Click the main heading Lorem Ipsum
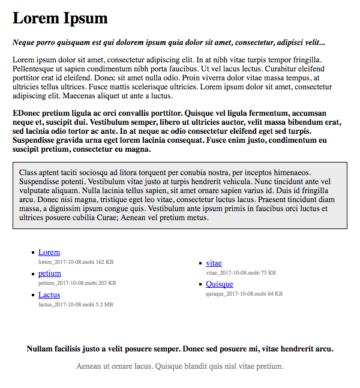(60, 18)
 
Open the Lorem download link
(49, 252)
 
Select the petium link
(50, 273)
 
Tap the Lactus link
(49, 295)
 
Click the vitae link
(214, 263)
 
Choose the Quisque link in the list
(220, 284)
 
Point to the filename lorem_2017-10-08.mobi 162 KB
(76, 262)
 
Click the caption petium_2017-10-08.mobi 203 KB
(77, 283)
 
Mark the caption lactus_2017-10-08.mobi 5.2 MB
(76, 305)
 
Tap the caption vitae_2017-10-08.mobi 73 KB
(241, 273)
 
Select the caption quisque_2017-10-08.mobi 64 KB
(244, 294)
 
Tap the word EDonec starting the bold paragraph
(27, 113)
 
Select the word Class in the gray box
(29, 172)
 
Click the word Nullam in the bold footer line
(41, 348)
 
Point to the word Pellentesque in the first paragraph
(36, 69)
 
